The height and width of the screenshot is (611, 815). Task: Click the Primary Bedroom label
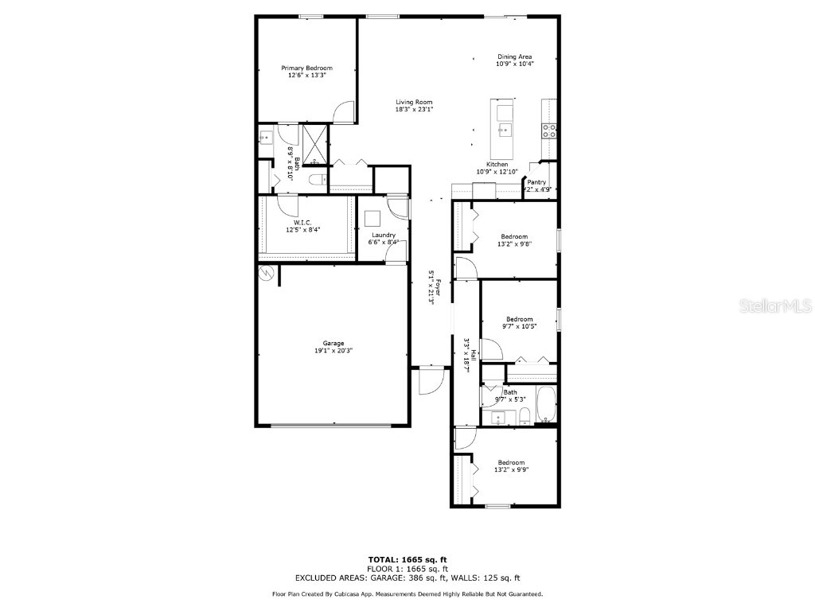point(306,68)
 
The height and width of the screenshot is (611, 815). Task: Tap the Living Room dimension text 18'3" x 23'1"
point(414,110)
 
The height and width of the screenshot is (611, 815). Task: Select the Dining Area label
point(514,56)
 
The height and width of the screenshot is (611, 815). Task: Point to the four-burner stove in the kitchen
point(548,130)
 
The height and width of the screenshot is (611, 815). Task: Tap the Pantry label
point(536,182)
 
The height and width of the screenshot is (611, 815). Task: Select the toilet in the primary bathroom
point(316,180)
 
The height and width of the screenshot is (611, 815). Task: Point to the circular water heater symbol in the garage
point(263,273)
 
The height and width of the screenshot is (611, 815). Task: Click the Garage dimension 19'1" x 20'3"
point(333,350)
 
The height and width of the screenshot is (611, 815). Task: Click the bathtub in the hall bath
point(546,405)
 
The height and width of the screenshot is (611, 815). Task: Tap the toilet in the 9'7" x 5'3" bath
point(525,415)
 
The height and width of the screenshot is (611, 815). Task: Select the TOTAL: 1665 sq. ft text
point(407,559)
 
